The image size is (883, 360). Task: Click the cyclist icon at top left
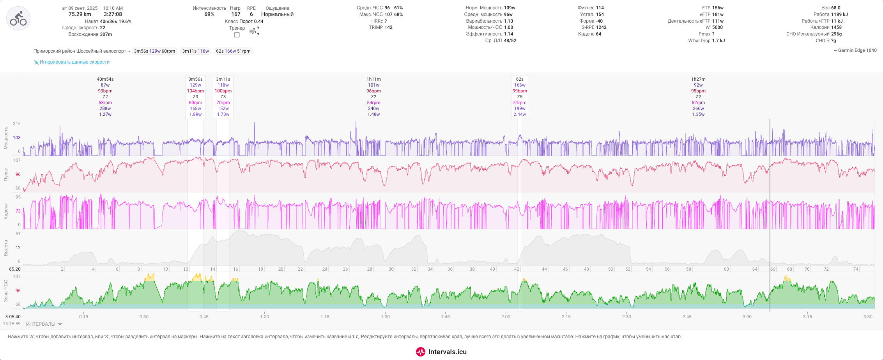click(x=18, y=18)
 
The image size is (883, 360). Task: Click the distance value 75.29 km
click(x=80, y=14)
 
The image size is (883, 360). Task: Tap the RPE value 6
click(x=251, y=14)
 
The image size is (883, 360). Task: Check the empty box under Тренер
click(x=237, y=35)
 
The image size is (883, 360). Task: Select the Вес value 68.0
click(x=836, y=8)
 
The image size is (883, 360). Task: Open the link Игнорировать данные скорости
click(x=74, y=62)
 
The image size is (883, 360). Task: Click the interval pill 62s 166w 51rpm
click(x=233, y=51)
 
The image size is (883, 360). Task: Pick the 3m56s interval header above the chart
click(x=195, y=79)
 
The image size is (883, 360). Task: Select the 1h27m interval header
click(x=698, y=79)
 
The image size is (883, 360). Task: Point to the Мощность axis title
click(x=6, y=138)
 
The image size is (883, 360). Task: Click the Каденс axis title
click(x=6, y=211)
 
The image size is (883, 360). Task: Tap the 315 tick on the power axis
click(x=17, y=124)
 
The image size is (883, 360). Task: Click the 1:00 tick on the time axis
click(x=264, y=317)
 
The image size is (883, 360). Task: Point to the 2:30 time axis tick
click(x=626, y=317)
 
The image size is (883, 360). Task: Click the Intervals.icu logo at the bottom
click(x=441, y=352)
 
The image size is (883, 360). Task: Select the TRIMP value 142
click(x=388, y=27)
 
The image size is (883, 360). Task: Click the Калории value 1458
click(x=836, y=27)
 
